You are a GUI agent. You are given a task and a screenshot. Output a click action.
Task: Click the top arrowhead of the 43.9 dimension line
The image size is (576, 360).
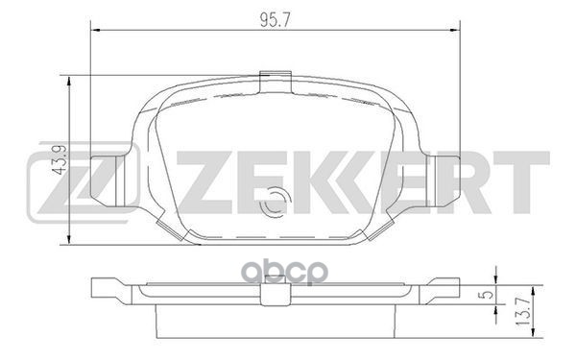click(70, 78)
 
